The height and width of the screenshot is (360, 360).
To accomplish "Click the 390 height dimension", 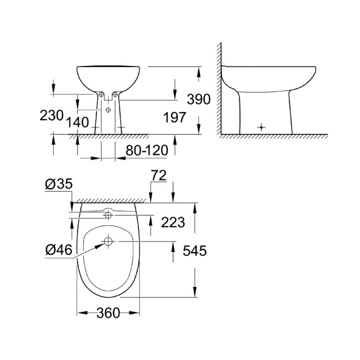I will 198,100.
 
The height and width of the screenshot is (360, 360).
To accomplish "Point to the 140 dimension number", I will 77,122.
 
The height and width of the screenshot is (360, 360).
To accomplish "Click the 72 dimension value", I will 160,176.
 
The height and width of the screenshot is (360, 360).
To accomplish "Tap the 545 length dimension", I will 194,251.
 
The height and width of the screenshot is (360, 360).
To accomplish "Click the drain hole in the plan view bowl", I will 108,241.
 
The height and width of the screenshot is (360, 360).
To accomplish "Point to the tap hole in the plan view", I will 108,213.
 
